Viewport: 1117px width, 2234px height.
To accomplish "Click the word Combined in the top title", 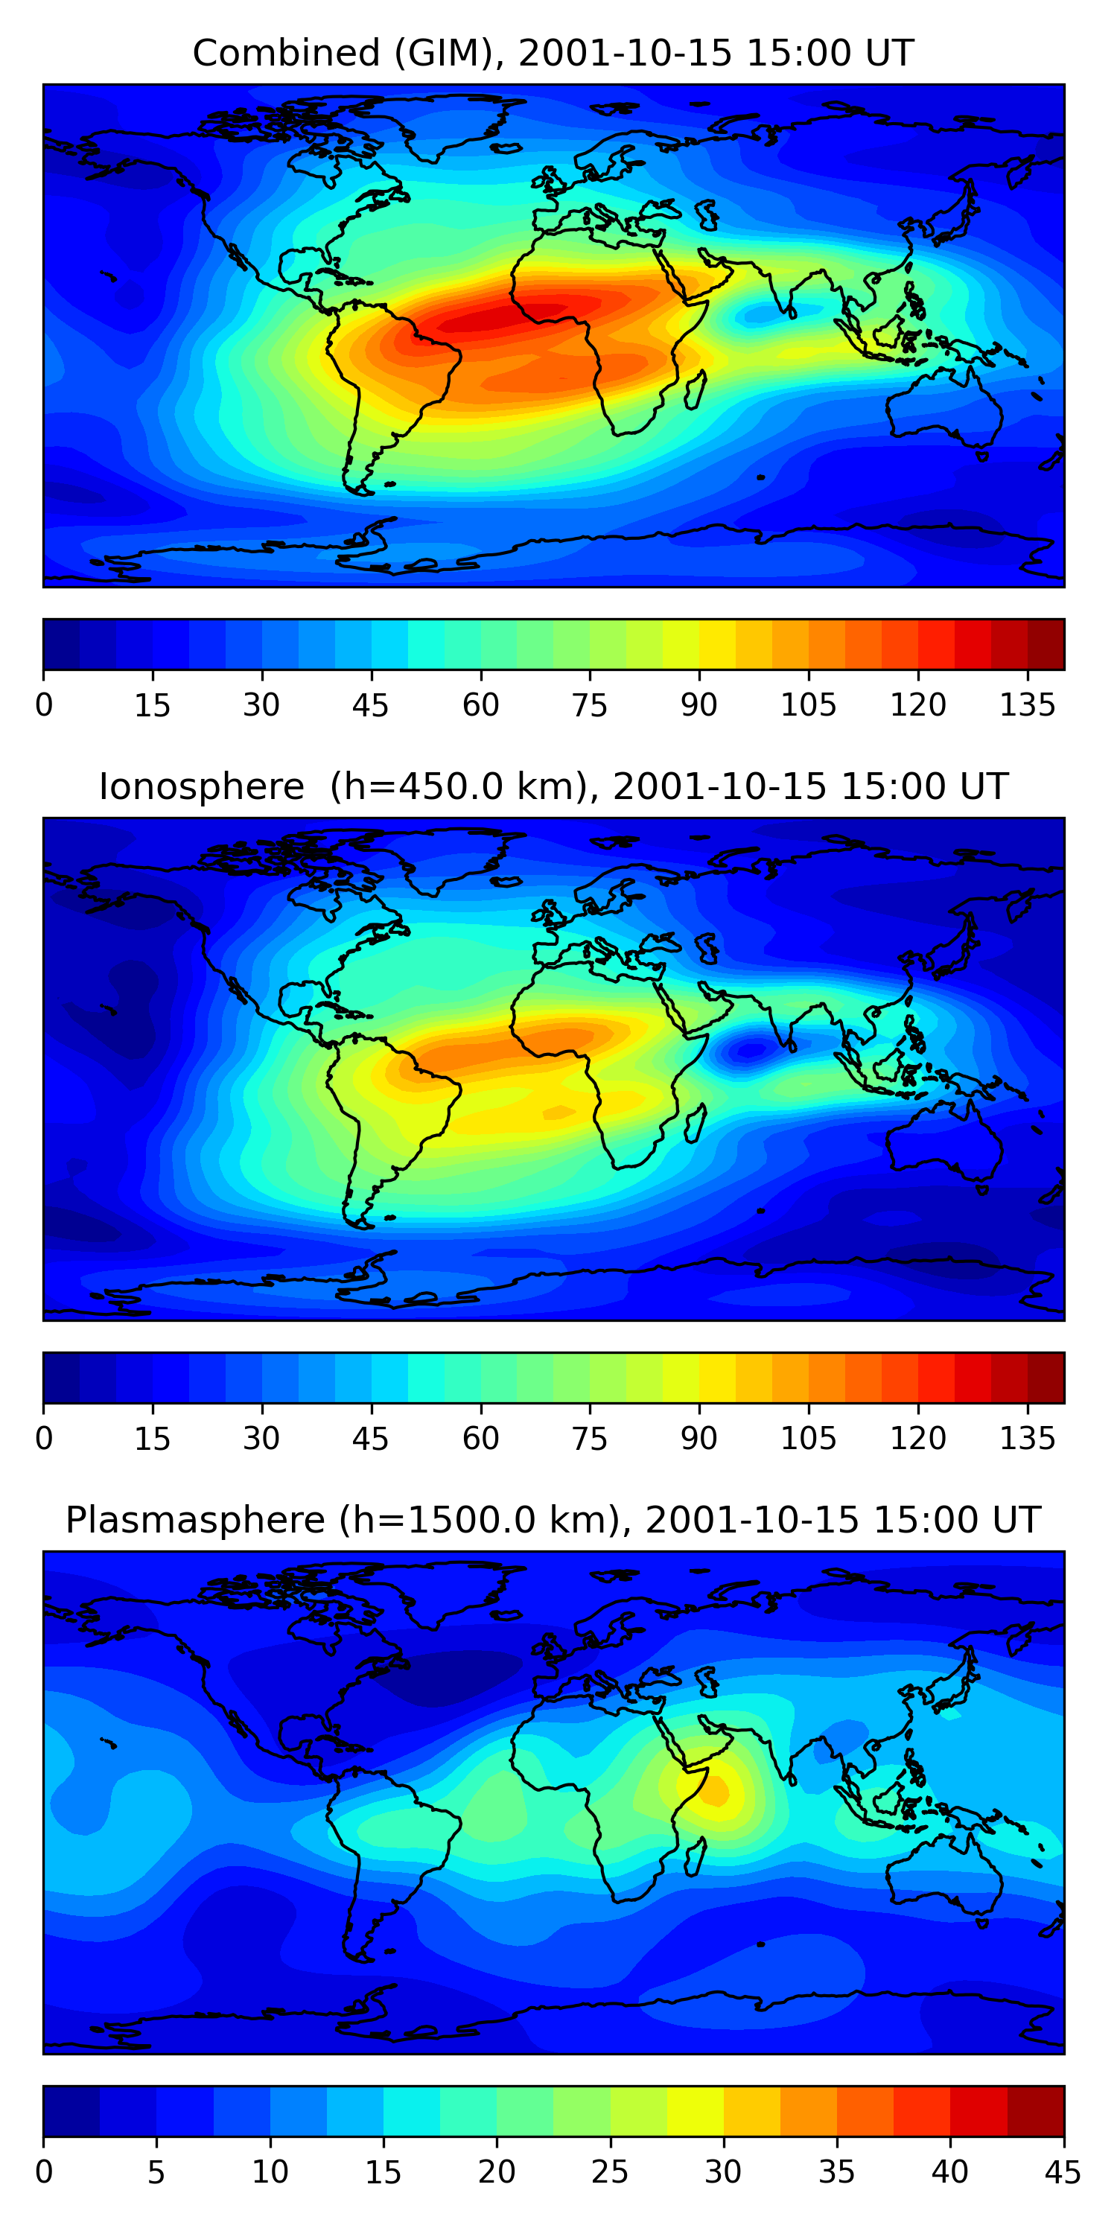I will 285,53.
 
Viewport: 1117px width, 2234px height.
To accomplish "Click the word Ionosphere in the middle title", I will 201,786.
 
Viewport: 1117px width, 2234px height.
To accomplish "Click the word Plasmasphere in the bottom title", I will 195,1521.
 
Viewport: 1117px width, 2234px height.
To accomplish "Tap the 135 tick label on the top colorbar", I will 1028,705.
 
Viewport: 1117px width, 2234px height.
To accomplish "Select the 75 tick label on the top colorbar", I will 590,705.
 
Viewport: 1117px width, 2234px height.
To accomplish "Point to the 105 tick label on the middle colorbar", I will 808,1439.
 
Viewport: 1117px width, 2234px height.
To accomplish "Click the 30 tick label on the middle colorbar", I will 261,1439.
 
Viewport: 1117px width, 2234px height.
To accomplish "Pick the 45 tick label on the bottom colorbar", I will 1063,2172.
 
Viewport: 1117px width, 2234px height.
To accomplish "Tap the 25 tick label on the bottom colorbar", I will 610,2172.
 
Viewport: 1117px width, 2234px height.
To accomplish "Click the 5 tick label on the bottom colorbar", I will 156,2172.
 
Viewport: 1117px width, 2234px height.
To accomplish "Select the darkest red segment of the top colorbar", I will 1046,644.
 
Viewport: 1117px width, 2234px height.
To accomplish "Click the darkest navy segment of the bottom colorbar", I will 71,2112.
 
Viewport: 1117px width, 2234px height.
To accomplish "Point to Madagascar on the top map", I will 696,390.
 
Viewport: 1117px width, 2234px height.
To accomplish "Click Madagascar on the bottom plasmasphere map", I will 696,1858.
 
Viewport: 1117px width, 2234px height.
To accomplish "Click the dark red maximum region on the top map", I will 521,316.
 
